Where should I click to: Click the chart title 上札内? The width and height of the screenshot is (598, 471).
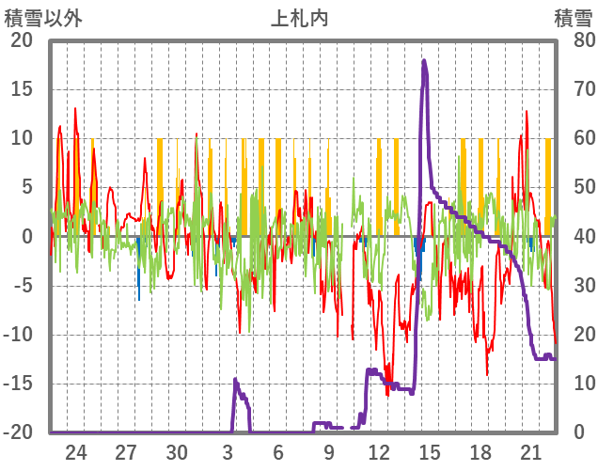300,18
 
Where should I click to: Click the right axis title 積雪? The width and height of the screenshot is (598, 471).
572,18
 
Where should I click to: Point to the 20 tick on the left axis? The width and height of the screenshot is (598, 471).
22,40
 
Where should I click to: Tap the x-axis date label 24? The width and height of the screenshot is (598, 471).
76,451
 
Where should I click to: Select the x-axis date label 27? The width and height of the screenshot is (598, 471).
127,451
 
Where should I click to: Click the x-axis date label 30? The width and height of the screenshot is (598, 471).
178,451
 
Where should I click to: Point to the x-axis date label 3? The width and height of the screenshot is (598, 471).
228,451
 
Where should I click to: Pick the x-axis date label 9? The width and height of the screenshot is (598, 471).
329,451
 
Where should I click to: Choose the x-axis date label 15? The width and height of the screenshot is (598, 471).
430,451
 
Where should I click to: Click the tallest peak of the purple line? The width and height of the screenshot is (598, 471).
424,61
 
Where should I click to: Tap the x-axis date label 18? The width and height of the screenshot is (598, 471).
480,451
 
